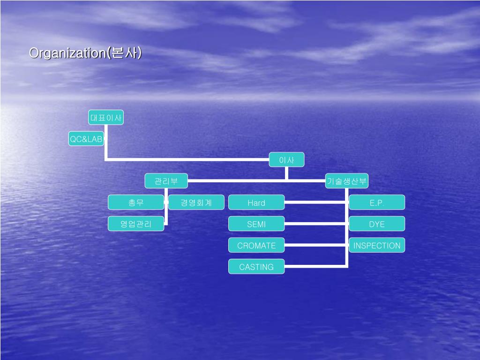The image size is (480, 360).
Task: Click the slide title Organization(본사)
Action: tap(85, 53)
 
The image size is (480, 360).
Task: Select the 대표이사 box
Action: tap(106, 118)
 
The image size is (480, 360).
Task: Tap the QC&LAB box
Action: tap(86, 139)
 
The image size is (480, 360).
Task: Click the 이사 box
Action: tap(286, 160)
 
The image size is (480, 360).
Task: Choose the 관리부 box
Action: tap(166, 181)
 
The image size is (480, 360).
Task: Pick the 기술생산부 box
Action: tap(347, 181)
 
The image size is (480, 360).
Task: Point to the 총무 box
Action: tap(136, 202)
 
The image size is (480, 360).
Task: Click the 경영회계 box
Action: tap(196, 202)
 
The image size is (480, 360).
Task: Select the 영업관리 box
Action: tap(136, 224)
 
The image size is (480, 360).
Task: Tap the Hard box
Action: tap(256, 202)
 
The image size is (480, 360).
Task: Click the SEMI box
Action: tap(256, 224)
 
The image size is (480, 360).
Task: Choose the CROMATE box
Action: tap(256, 245)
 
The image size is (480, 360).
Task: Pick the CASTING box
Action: tap(256, 267)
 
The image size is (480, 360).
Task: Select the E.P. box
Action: tap(377, 202)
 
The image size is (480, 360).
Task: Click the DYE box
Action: tap(377, 224)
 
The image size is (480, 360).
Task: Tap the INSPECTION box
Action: tap(377, 245)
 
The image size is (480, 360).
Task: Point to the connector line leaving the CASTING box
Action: tap(316, 267)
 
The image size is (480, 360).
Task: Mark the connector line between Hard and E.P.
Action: tap(316, 202)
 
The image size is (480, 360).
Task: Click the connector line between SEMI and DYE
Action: tap(316, 224)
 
